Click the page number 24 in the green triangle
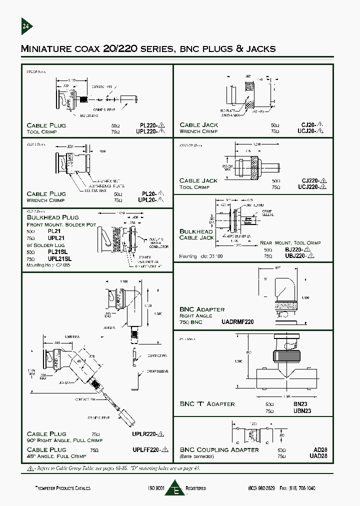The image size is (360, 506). click(26, 27)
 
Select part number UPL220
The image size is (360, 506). click(150, 131)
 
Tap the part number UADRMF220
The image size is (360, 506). click(237, 322)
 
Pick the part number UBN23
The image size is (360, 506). click(315, 410)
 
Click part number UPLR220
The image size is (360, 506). click(148, 434)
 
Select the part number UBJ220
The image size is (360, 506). click(299, 256)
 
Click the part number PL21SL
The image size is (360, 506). click(59, 253)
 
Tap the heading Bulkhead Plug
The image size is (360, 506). click(52, 217)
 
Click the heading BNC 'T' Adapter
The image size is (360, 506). click(206, 404)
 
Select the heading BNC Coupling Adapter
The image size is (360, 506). click(219, 450)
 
